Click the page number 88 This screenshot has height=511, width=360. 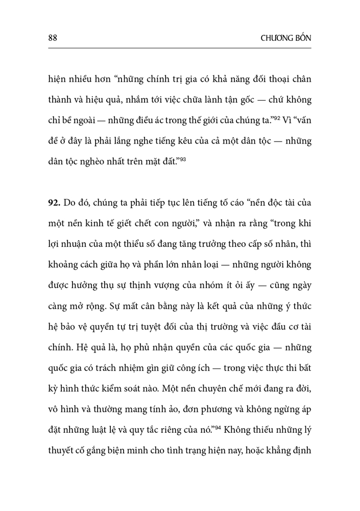click(52, 38)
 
